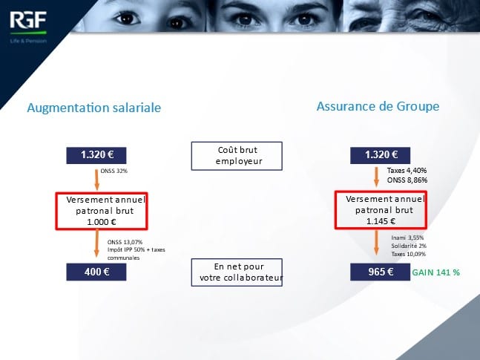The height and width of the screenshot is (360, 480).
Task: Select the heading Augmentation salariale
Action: pos(94,108)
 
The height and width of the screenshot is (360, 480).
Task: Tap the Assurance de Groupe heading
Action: pos(378,107)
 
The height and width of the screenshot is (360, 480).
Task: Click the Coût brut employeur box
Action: pos(237,156)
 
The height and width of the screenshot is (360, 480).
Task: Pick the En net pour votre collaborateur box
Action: pos(237,272)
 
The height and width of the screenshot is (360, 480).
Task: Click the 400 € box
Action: pos(96,272)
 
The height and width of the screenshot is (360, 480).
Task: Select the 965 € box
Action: pos(380,272)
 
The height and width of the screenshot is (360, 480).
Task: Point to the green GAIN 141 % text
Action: pos(436,272)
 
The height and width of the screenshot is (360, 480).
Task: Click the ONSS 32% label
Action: pos(114,171)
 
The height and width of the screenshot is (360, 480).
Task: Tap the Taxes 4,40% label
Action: pos(407,170)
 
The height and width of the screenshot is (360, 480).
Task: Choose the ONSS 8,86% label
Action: pos(407,180)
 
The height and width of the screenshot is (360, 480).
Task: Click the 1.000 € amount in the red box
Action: pos(102,222)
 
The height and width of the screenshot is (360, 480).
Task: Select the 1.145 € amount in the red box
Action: pos(381,221)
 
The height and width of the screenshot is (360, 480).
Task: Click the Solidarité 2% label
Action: pos(409,246)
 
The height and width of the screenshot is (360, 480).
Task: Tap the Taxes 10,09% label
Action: pos(408,254)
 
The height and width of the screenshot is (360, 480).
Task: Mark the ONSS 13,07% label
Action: pos(125,242)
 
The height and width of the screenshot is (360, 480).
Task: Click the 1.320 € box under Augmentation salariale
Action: pos(96,155)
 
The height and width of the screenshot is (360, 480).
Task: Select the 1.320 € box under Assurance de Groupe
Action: pos(380,155)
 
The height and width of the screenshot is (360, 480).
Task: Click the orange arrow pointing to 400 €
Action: pos(96,243)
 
